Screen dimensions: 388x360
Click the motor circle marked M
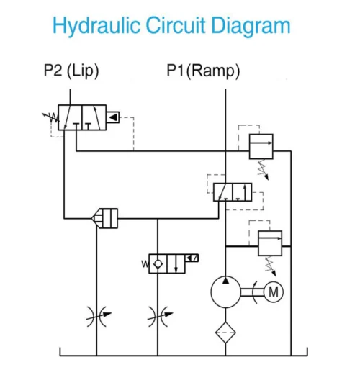(273, 292)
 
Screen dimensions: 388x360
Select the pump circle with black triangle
(226, 292)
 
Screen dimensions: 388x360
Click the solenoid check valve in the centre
(166, 263)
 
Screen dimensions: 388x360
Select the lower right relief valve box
(269, 243)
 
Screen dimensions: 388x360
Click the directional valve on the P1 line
(233, 191)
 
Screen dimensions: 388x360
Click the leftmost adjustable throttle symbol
(96, 315)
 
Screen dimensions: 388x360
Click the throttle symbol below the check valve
(157, 315)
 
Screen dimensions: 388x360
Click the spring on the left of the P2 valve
(50, 116)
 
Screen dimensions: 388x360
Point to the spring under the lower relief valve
(272, 266)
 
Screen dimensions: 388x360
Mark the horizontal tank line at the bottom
(180, 354)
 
